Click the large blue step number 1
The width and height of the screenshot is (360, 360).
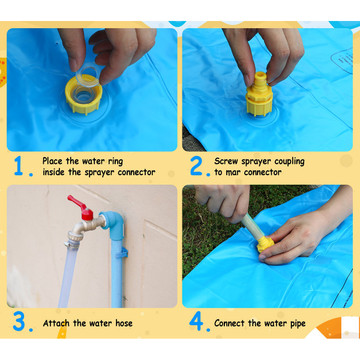[18, 165]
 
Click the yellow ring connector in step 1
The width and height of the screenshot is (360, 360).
[83, 95]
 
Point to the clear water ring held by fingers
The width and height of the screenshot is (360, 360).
[87, 77]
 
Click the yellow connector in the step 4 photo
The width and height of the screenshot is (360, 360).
[265, 244]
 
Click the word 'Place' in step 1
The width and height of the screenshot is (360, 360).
[53, 161]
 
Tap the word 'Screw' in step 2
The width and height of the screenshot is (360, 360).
[226, 162]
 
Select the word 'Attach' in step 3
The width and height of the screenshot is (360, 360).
[56, 323]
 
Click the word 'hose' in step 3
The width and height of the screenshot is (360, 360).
[124, 323]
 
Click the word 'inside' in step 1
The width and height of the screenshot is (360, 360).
[53, 172]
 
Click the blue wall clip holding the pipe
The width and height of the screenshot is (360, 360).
[122, 253]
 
